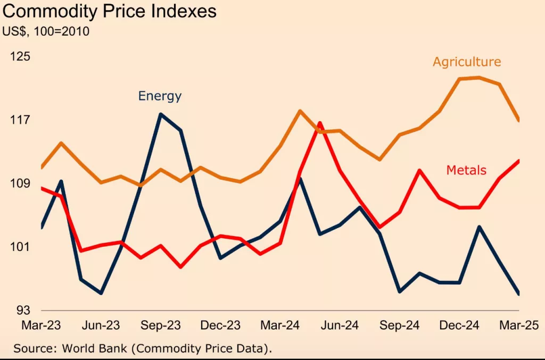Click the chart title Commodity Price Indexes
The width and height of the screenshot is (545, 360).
click(110, 11)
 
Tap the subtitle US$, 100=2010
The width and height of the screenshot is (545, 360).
click(46, 31)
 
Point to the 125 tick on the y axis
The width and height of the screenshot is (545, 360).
click(21, 56)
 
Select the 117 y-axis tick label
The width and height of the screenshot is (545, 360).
click(21, 120)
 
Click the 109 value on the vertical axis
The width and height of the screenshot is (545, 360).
click(21, 184)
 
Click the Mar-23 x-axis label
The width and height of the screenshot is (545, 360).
click(41, 325)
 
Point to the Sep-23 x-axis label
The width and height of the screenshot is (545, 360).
click(161, 325)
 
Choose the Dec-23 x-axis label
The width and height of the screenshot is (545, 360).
click(220, 325)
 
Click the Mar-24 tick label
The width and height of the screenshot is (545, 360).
click(280, 325)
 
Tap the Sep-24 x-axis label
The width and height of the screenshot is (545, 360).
click(400, 325)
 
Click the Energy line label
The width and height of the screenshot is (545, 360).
click(160, 96)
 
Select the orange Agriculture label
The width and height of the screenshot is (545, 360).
click(467, 62)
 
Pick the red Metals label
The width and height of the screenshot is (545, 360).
click(466, 170)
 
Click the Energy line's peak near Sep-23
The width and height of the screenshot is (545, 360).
click(161, 114)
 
